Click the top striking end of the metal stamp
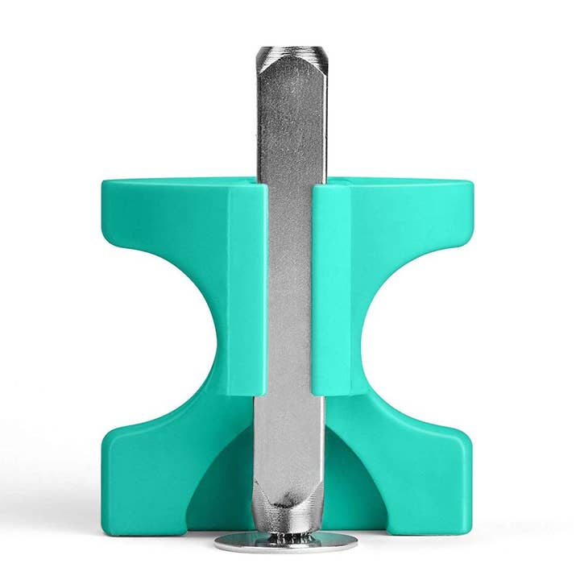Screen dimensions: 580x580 point(290,55)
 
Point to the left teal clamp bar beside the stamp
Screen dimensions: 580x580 point(247,290)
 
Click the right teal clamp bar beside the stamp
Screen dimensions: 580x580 point(332,290)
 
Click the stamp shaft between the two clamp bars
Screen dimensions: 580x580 point(290,290)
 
